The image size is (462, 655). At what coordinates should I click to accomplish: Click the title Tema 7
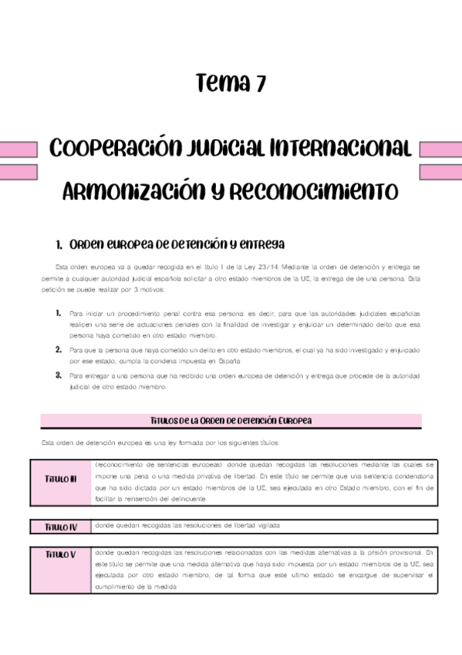click(x=231, y=83)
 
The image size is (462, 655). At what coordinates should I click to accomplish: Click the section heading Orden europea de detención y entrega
click(x=170, y=245)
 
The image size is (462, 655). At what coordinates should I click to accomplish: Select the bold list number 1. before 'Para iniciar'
click(x=59, y=314)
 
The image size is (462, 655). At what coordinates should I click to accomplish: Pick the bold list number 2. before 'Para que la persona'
click(x=59, y=350)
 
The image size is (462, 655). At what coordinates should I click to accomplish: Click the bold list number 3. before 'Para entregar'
click(x=59, y=375)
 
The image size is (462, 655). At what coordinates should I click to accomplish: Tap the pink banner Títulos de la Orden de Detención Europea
click(x=231, y=420)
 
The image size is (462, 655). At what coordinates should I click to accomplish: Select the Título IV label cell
click(x=61, y=527)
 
